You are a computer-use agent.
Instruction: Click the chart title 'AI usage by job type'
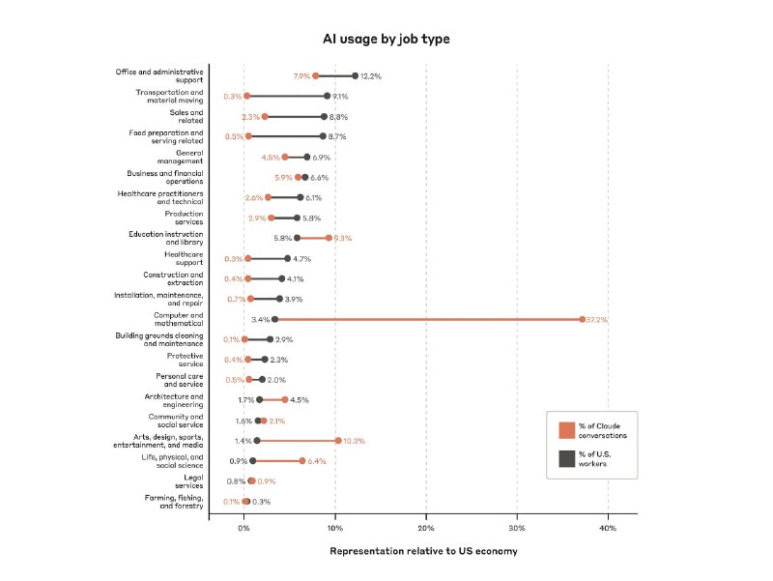click(x=386, y=39)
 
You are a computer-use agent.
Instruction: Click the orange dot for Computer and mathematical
click(x=583, y=319)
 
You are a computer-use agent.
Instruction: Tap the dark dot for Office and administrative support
click(x=355, y=75)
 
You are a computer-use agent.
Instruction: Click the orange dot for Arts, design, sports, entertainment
click(x=338, y=440)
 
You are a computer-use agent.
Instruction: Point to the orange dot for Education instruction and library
click(x=329, y=238)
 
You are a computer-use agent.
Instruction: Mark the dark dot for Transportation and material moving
click(x=327, y=96)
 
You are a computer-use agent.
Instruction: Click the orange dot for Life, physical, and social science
click(x=302, y=460)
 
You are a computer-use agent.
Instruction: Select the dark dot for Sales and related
click(x=325, y=116)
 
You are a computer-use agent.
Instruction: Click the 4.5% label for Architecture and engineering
click(x=300, y=399)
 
